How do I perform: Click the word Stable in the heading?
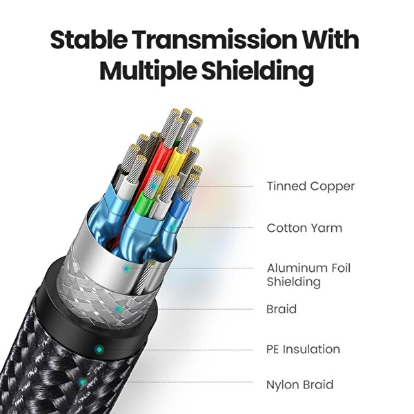(88, 39)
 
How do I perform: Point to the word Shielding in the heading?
(257, 71)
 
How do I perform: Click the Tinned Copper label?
(310, 186)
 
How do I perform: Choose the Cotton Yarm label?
(304, 228)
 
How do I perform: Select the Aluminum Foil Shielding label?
(308, 275)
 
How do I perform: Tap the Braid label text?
(282, 309)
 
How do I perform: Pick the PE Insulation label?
(303, 349)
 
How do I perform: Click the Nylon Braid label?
(300, 385)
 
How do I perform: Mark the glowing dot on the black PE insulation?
(99, 350)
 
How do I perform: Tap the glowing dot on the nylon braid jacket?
(82, 382)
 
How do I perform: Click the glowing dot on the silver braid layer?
(119, 308)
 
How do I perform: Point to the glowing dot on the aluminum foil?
(127, 269)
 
